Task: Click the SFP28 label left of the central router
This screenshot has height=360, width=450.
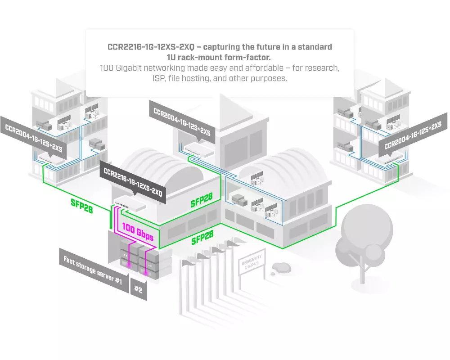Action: pyautogui.click(x=81, y=205)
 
